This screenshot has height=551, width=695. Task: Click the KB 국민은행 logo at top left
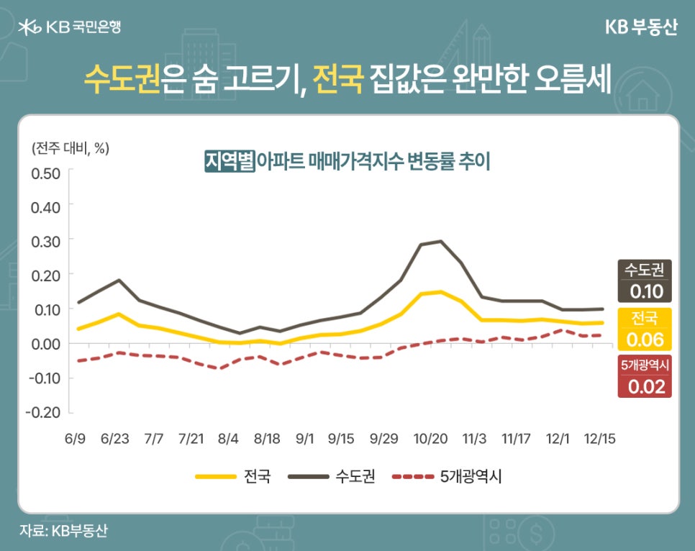coord(71,28)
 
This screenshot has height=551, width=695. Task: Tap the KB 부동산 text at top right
coord(641,27)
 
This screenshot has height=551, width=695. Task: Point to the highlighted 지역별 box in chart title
coord(230,160)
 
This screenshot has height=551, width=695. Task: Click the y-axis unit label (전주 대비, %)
coord(71,148)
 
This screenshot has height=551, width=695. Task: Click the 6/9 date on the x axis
coord(76,438)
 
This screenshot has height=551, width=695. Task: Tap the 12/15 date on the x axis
coord(599,438)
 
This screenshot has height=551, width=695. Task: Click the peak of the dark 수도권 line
coord(440,241)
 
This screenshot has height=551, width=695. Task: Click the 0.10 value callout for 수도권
coord(645,291)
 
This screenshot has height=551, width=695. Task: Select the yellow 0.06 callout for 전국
coord(645,339)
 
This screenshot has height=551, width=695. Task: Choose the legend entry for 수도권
coord(330,476)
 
